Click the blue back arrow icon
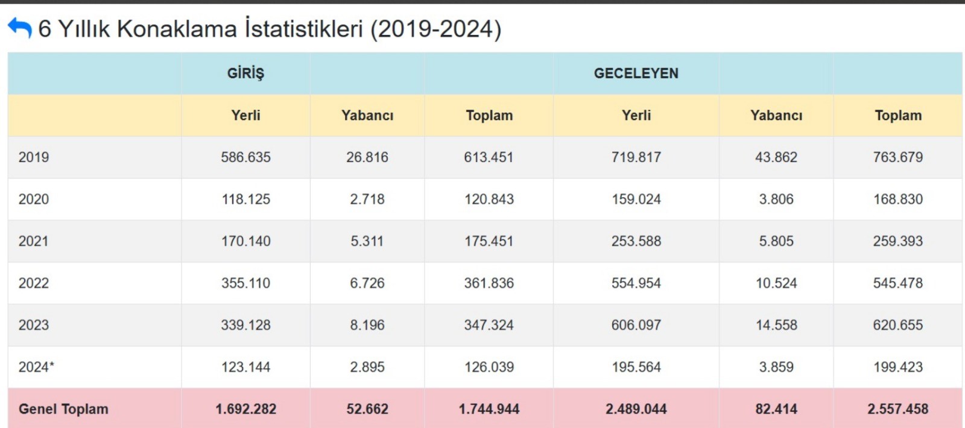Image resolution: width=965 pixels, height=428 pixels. (19, 28)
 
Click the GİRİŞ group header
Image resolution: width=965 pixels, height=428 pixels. (245, 73)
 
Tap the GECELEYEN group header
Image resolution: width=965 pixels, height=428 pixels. (636, 73)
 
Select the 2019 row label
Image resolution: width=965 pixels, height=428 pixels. (34, 157)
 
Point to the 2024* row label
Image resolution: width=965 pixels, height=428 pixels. (36, 367)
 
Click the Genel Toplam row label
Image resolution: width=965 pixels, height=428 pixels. (63, 409)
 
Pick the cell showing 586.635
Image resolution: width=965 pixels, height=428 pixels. (245, 157)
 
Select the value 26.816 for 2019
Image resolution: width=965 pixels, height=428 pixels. (367, 157)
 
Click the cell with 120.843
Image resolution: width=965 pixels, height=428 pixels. (489, 199)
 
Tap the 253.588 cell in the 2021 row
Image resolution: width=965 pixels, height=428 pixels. (636, 241)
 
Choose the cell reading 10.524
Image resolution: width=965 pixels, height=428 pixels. (776, 283)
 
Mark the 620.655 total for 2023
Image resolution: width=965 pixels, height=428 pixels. (898, 325)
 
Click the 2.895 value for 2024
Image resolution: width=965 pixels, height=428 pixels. (367, 367)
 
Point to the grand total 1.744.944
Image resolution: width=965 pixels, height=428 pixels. (489, 409)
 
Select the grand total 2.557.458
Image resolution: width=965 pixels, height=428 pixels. (898, 409)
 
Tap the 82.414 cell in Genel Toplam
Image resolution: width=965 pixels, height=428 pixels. (776, 409)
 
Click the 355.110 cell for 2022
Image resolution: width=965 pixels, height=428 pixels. (245, 283)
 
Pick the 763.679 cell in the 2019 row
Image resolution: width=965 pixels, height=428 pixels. (898, 157)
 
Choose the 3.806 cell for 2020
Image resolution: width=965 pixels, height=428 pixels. (776, 199)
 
